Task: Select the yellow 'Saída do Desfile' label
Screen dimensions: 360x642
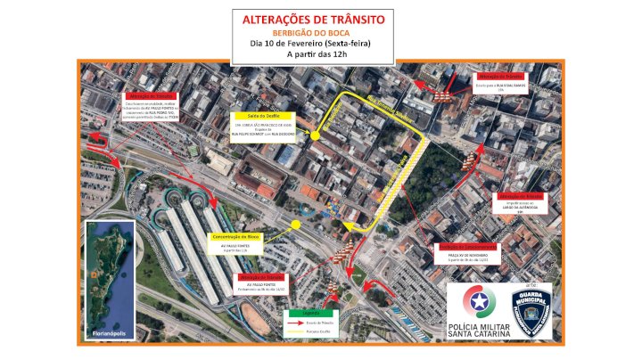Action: (x=259, y=115)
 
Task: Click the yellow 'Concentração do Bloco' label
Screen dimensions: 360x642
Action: (x=237, y=236)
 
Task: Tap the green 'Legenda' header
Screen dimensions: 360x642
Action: (x=308, y=313)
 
